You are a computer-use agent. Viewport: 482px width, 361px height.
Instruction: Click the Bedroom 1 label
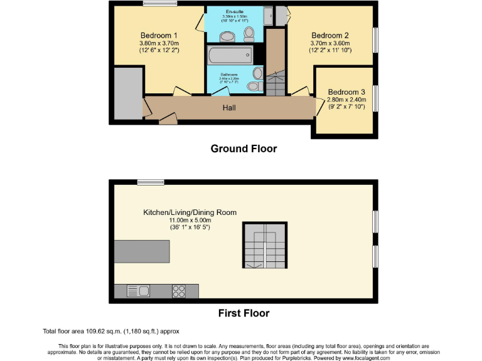[x=159, y=35]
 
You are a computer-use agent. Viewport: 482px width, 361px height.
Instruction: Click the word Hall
[x=229, y=108]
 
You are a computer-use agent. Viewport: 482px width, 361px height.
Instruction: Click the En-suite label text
[x=236, y=11]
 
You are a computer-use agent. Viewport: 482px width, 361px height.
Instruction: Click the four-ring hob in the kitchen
[x=178, y=291]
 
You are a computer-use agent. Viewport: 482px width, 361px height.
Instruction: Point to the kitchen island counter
[x=142, y=251]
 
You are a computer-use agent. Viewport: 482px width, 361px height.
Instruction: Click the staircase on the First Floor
[x=265, y=245]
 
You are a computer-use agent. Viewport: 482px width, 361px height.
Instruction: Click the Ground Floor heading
[x=244, y=149]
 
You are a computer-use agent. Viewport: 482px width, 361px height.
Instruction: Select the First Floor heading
[x=244, y=313]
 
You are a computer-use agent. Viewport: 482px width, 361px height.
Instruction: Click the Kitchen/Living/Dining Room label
[x=190, y=212]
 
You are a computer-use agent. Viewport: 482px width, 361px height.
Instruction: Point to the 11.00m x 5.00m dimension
[x=190, y=220]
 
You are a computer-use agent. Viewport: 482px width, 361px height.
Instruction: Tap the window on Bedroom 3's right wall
[x=376, y=98]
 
